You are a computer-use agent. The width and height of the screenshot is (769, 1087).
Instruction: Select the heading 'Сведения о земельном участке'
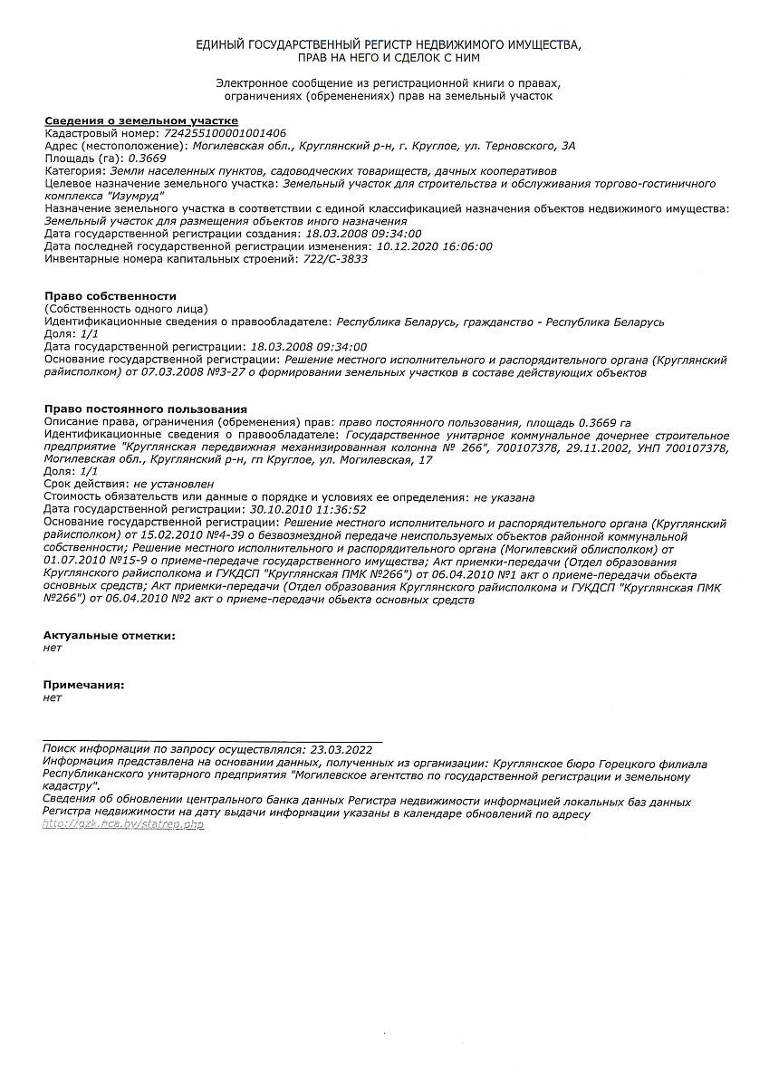141,120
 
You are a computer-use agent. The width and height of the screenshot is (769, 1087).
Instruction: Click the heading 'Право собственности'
111,296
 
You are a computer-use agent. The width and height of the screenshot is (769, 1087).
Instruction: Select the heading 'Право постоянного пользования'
146,409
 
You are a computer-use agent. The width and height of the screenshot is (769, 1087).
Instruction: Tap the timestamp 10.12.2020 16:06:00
435,246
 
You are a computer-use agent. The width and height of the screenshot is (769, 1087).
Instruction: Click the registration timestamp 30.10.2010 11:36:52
308,510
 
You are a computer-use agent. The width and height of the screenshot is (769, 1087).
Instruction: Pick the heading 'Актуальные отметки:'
110,636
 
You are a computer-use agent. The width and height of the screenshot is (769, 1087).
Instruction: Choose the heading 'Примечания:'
84,685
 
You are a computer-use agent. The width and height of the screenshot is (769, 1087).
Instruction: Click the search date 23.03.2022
341,750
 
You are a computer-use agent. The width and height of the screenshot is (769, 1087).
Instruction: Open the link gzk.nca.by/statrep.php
123,826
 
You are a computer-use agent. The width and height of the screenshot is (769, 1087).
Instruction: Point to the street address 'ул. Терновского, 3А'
519,145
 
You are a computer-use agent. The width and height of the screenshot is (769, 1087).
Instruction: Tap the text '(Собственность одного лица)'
126,309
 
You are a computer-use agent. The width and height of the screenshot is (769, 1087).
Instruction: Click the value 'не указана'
505,497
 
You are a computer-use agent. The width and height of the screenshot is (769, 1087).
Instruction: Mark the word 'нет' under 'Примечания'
53,697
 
